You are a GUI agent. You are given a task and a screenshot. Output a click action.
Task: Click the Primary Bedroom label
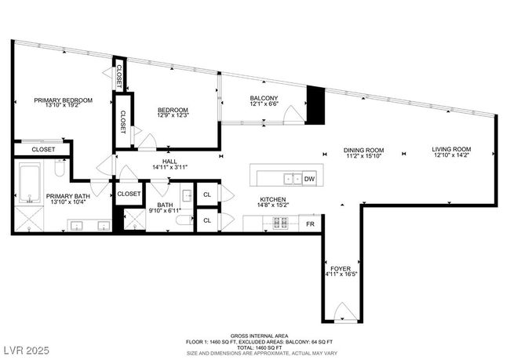pos(64,100)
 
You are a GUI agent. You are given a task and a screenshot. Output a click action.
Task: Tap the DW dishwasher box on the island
pos(309,179)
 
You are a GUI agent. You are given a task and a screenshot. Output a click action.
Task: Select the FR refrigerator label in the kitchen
pos(310,224)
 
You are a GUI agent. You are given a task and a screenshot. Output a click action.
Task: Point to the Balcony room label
pos(264,98)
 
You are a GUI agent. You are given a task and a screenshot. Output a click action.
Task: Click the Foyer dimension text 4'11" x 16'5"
pos(341,275)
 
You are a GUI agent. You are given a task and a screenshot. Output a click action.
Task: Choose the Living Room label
pos(451,149)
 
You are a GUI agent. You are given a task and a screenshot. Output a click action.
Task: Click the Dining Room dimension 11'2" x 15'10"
pos(363,155)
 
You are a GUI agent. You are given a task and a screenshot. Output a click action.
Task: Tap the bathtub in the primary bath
pos(30,183)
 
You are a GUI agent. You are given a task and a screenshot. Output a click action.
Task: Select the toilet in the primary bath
pos(60,168)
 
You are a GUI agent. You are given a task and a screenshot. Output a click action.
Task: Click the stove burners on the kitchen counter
pos(280,223)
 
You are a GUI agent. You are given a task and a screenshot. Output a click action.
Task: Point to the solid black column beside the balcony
pos(316,105)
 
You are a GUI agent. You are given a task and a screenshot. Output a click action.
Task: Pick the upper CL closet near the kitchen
pos(207,195)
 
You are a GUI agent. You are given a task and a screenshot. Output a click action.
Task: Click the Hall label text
pos(169,162)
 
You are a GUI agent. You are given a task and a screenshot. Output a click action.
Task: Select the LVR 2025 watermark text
pos(27,351)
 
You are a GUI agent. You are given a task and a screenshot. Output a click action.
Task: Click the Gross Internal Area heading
pos(259,336)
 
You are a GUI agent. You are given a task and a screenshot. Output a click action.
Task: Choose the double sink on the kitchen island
pos(293,179)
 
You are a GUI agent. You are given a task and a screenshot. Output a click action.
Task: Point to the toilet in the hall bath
pos(184,220)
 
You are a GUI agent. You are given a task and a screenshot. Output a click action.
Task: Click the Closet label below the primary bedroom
pos(43,150)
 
